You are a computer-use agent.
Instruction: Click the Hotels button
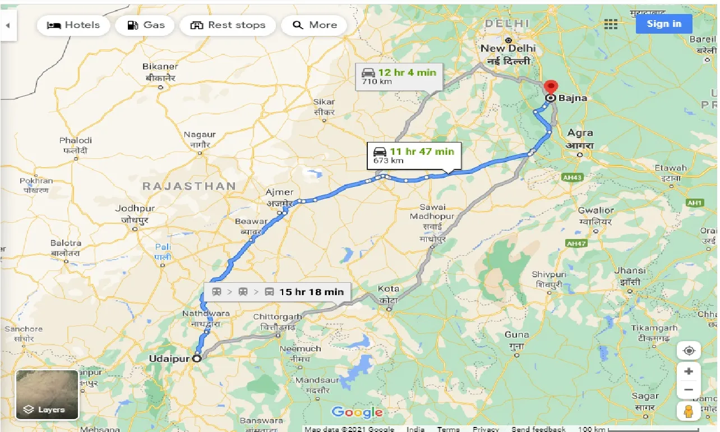(x=73, y=25)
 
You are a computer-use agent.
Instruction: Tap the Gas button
(x=145, y=25)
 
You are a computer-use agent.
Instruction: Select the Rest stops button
(x=227, y=25)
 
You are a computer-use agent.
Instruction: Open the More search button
(x=315, y=25)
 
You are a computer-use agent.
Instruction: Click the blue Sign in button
(x=663, y=24)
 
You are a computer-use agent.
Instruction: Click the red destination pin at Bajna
(x=551, y=88)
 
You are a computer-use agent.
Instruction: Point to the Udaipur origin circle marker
(x=197, y=358)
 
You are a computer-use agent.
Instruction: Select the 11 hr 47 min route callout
(x=414, y=155)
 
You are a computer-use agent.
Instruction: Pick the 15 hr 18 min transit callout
(x=278, y=292)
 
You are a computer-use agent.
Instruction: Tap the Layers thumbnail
(x=47, y=395)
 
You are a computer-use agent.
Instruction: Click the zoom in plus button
(x=689, y=371)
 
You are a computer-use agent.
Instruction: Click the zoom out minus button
(x=689, y=390)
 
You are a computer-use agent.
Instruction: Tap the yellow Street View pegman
(x=689, y=411)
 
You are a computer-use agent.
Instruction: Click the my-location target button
(x=689, y=351)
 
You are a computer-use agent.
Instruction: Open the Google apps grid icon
(x=611, y=24)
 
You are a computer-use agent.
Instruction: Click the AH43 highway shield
(x=571, y=177)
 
